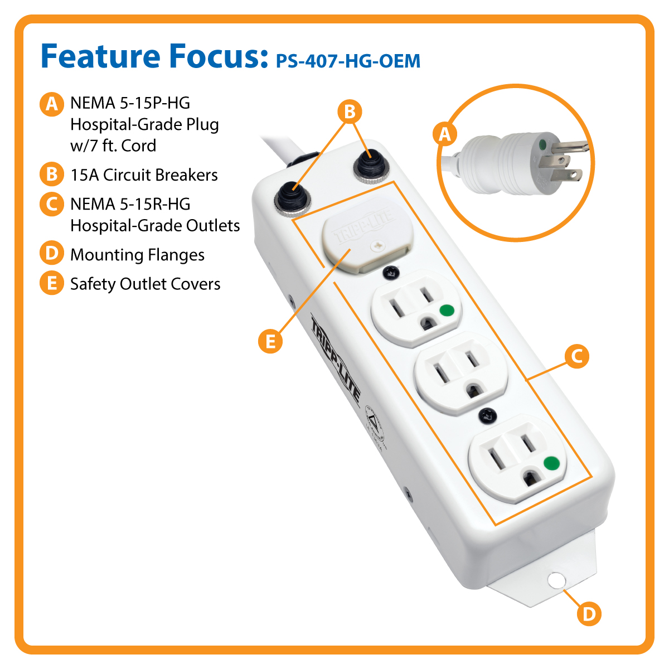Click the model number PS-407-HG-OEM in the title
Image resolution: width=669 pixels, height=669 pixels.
pyautogui.click(x=348, y=61)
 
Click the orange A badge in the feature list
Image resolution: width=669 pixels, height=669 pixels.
pyautogui.click(x=51, y=104)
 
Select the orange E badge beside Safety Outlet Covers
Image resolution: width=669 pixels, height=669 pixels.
pyautogui.click(x=51, y=284)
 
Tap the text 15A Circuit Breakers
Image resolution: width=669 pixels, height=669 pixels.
pyautogui.click(x=144, y=175)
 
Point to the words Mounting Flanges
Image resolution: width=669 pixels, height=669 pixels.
pyautogui.click(x=137, y=255)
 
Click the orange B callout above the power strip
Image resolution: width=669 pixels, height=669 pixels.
pyautogui.click(x=350, y=111)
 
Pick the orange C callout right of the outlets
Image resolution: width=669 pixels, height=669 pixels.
pyautogui.click(x=576, y=356)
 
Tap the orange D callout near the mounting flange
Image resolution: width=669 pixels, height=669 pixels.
pyautogui.click(x=589, y=614)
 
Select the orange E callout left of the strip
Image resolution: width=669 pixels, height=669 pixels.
pyautogui.click(x=270, y=340)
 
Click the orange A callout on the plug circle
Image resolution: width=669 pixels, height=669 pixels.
pyautogui.click(x=445, y=134)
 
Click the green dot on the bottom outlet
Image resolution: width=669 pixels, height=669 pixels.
pyautogui.click(x=551, y=463)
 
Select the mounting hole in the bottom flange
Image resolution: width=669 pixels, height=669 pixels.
pyautogui.click(x=555, y=580)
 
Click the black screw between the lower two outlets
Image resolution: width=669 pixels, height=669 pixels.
pyautogui.click(x=487, y=415)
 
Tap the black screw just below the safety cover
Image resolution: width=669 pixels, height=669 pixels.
pyautogui.click(x=390, y=273)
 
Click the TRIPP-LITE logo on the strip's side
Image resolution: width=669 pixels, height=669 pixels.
pyautogui.click(x=335, y=357)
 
